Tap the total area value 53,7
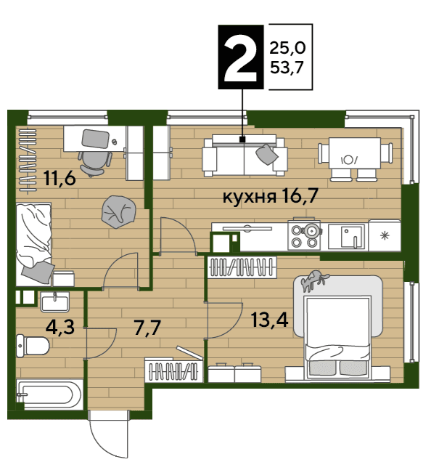pos(287,68)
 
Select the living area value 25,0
pos(287,48)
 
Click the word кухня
pos(250,198)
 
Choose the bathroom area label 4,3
pos(60,327)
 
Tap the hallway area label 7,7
pos(147,328)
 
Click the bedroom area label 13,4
pos(270,320)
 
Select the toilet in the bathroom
pos(33,346)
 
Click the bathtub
pos(49,394)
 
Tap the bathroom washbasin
pos(54,302)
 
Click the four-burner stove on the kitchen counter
pos(304,235)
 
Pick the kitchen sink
pos(347,237)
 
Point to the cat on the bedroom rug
pos(314,280)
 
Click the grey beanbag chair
pos(118,211)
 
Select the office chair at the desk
pos(94,163)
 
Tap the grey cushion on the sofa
pos(267,154)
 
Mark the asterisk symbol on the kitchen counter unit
pos(384,235)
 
